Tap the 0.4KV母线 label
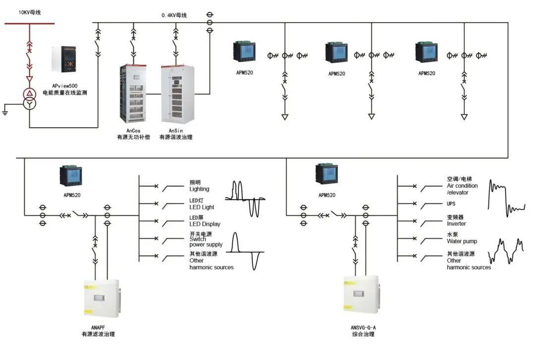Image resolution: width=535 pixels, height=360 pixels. (174, 15)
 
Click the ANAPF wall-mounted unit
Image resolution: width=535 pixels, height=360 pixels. (102, 300)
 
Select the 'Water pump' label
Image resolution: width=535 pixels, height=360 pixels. (462, 241)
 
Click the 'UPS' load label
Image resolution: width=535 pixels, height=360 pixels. (451, 204)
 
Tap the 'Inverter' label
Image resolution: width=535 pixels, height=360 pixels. (456, 224)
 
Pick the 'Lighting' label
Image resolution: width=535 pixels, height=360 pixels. (199, 189)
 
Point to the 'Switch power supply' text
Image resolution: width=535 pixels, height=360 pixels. (206, 242)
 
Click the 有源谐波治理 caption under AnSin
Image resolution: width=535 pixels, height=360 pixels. (175, 137)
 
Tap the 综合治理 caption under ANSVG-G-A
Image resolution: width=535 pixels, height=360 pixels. (360, 334)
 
